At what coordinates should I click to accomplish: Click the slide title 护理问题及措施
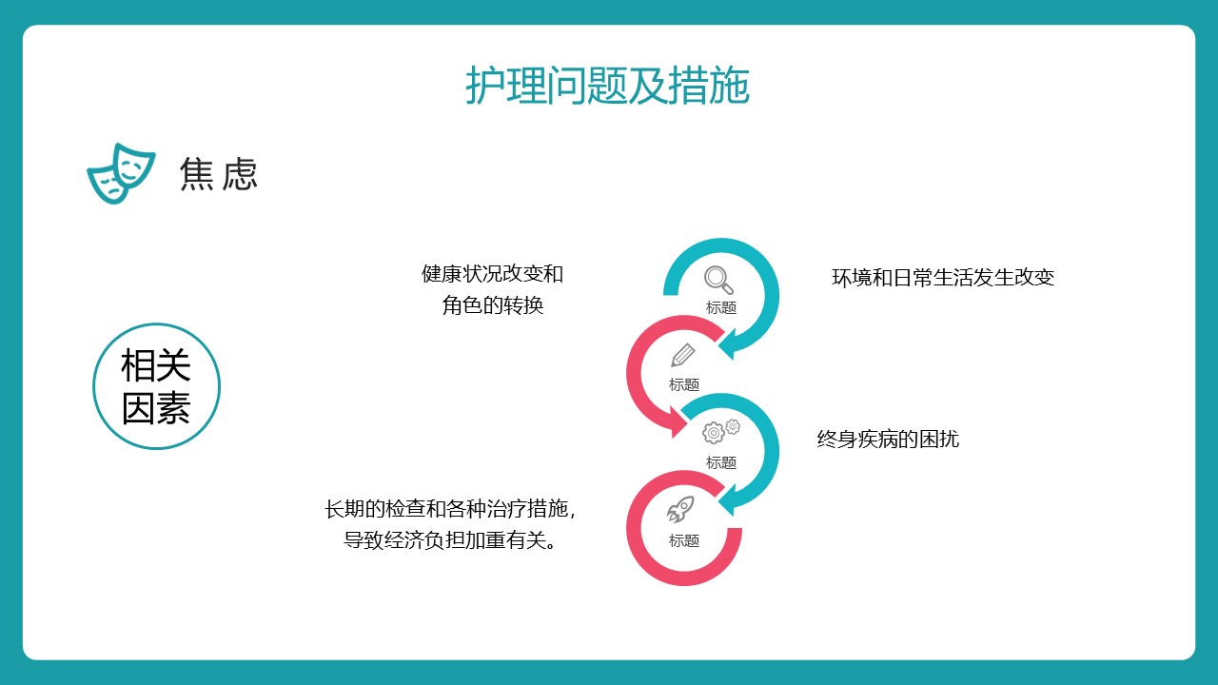(607, 85)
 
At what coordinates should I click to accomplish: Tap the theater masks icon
(121, 173)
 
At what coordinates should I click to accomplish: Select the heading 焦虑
(218, 174)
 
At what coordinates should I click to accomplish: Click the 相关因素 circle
(157, 386)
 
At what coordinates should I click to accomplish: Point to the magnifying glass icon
(718, 280)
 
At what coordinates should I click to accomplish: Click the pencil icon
(683, 355)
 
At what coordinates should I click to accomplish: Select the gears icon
(721, 431)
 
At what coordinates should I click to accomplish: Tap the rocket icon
(680, 509)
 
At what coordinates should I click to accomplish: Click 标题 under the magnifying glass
(721, 307)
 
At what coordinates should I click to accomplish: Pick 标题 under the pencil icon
(684, 385)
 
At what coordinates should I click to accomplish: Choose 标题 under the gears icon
(721, 462)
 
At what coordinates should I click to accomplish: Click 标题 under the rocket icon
(684, 541)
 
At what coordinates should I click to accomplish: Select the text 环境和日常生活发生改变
(943, 278)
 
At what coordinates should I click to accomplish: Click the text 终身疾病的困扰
(888, 440)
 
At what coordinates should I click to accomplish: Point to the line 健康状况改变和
(492, 274)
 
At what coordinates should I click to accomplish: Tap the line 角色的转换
(493, 305)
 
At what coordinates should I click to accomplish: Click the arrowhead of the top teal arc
(729, 344)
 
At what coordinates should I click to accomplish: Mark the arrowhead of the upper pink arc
(678, 422)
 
